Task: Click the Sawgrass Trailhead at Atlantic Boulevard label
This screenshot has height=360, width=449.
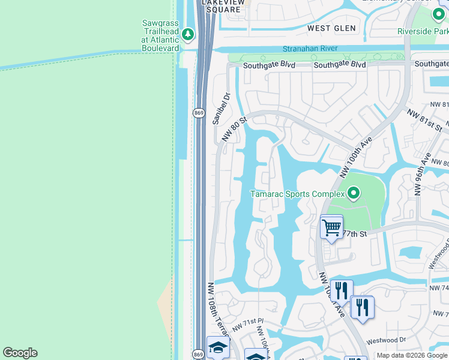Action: (160, 35)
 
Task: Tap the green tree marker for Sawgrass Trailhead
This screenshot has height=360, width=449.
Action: (188, 34)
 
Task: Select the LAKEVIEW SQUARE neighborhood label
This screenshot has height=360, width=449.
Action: (224, 5)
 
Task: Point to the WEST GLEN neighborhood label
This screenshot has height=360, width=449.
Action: (331, 28)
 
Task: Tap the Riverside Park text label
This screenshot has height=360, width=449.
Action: (423, 31)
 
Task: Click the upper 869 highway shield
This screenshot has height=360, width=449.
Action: (199, 113)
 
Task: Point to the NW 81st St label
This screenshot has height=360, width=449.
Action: (424, 120)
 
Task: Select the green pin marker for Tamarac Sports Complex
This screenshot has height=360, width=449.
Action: (354, 193)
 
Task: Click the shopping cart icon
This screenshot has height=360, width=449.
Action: (331, 227)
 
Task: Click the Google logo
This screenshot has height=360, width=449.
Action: (20, 353)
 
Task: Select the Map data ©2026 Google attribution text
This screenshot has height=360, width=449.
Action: (412, 355)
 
